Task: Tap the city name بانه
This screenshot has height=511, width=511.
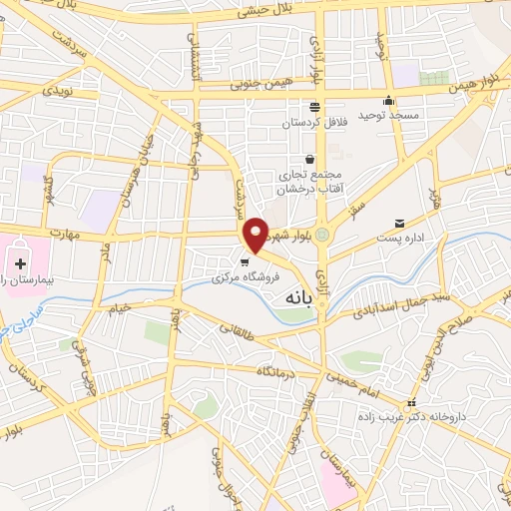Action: click(x=305, y=296)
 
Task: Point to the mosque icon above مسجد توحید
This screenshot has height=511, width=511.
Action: click(x=389, y=101)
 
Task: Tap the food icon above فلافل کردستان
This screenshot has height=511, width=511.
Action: click(x=314, y=108)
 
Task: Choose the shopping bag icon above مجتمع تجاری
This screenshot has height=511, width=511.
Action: click(x=310, y=159)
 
